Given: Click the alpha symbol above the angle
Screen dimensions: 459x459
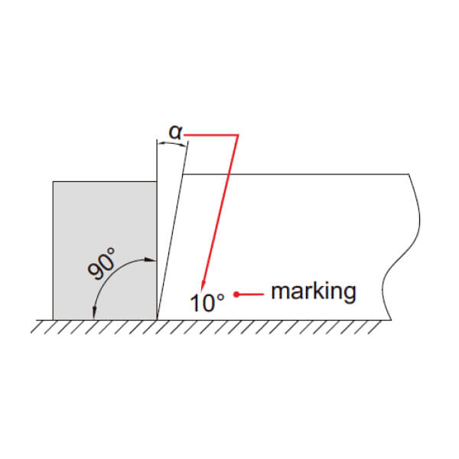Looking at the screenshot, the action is click(175, 132).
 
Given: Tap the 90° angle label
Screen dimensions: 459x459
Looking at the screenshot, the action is click(102, 264).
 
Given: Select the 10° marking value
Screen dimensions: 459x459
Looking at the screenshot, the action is click(207, 302).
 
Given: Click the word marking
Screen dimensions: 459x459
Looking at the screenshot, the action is click(314, 291).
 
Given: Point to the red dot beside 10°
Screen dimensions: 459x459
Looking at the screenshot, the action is click(236, 295).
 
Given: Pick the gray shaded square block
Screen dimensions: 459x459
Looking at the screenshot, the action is click(105, 251).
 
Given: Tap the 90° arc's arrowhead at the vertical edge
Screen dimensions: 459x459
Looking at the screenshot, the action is click(151, 260).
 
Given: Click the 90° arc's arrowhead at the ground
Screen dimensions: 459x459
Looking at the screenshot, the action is click(94, 313).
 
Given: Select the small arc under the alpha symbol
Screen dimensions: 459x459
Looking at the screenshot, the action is click(172, 144).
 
